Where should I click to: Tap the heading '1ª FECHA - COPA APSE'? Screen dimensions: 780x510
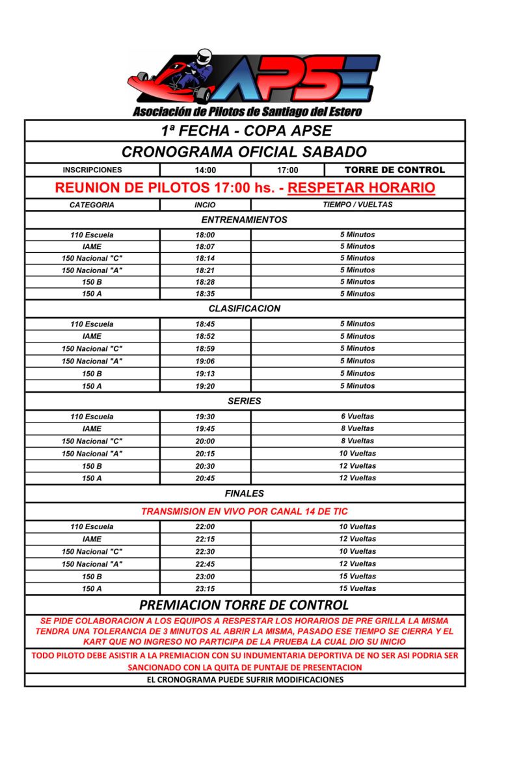tap(246, 131)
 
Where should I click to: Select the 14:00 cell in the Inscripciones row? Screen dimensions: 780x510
tap(206, 170)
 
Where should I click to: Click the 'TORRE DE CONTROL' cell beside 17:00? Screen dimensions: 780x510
tap(395, 170)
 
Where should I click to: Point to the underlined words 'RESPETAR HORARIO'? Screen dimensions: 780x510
tap(361, 188)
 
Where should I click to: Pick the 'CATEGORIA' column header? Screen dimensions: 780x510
tap(92, 205)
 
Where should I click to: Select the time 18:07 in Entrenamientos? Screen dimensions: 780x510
tap(205, 247)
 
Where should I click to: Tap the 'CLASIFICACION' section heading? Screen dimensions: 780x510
tap(245, 309)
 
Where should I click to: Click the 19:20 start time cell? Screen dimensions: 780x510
tap(205, 386)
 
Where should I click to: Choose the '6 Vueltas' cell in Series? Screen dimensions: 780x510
tap(357, 417)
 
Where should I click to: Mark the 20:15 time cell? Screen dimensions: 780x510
tap(205, 454)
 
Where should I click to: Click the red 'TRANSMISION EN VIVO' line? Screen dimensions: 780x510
tap(245, 512)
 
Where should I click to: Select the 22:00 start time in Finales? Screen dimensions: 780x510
tap(205, 527)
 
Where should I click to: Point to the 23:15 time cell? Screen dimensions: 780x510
tap(205, 589)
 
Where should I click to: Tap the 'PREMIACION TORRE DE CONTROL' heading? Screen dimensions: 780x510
tap(245, 605)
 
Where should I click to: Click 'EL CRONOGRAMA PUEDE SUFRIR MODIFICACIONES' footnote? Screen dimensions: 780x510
tap(245, 680)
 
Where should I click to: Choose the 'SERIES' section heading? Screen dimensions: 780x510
tap(245, 401)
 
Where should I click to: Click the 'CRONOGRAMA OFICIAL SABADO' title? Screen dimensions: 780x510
tap(245, 152)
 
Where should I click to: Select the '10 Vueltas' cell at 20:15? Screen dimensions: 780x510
tap(357, 454)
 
